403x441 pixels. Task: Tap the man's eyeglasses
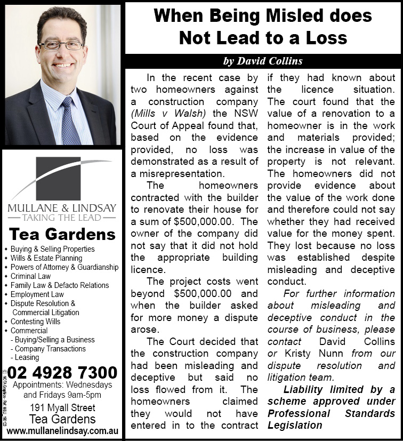(x=61, y=45)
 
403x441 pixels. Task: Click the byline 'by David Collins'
(x=263, y=61)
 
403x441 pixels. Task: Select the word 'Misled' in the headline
(x=276, y=15)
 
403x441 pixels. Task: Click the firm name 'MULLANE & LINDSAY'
(x=62, y=207)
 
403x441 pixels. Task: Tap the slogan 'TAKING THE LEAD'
(x=62, y=218)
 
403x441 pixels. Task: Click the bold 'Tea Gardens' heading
(x=62, y=234)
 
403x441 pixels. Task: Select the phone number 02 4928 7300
(x=62, y=372)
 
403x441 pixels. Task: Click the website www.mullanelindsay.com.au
(x=62, y=430)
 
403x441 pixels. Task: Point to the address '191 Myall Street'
(x=62, y=408)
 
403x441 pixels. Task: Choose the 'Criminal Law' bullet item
(x=31, y=276)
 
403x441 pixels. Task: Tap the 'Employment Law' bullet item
(x=37, y=294)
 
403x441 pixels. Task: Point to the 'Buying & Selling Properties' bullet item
(x=53, y=249)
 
